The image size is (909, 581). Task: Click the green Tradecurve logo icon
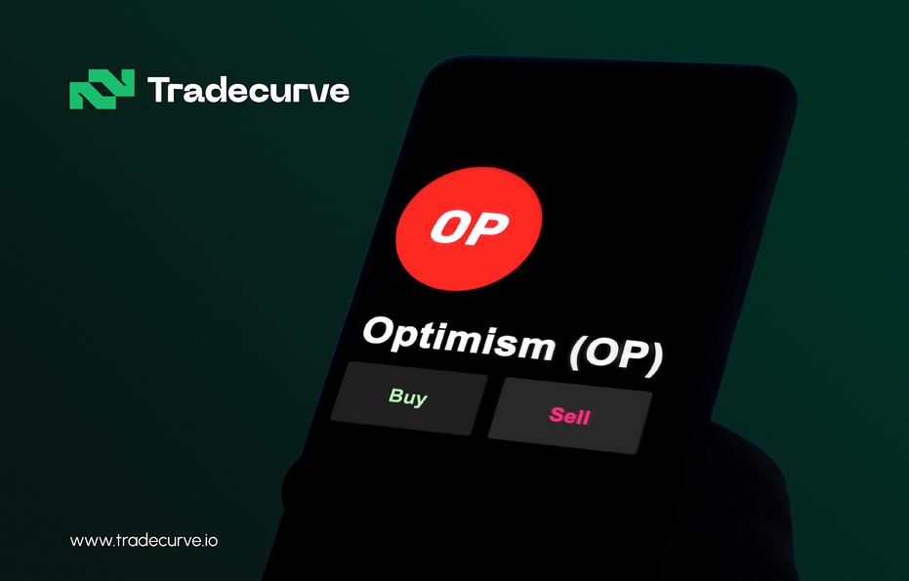(102, 89)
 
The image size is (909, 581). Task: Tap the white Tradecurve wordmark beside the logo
(249, 90)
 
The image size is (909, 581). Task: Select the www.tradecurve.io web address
(144, 540)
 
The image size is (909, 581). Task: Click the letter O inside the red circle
(450, 227)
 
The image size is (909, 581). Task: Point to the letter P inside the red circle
(489, 229)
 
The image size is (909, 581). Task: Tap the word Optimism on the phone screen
(459, 338)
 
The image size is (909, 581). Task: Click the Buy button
(409, 398)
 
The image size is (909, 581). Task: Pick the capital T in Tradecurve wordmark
(160, 89)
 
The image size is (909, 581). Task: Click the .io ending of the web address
(210, 540)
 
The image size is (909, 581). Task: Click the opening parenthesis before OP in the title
(577, 352)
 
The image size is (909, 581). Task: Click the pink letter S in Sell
(558, 414)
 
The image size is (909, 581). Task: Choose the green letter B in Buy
(396, 394)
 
